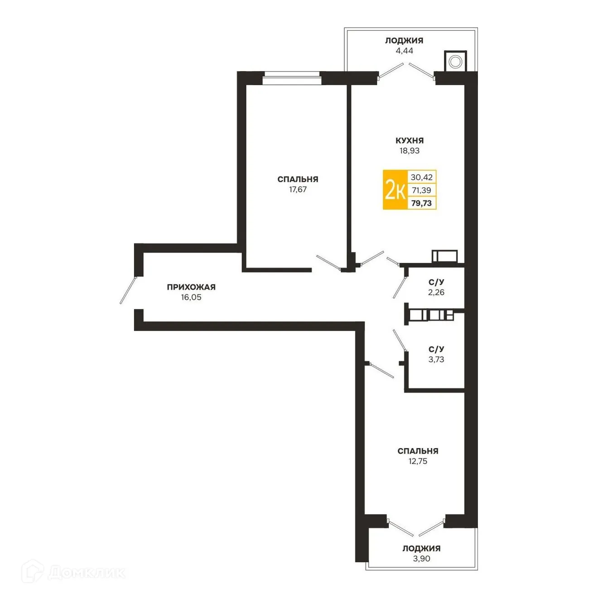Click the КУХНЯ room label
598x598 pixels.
(x=409, y=140)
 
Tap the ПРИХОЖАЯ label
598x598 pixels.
(x=191, y=287)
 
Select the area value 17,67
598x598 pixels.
(x=298, y=189)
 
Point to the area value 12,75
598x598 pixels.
(x=418, y=461)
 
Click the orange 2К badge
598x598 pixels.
(x=395, y=190)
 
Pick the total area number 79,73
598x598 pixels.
(x=421, y=203)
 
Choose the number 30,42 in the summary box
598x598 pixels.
(x=421, y=177)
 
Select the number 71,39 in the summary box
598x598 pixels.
(x=421, y=190)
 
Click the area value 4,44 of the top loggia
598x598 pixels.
(x=404, y=50)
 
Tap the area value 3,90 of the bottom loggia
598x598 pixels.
(x=421, y=559)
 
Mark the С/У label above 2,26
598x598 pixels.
(x=436, y=282)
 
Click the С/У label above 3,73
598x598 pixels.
(x=436, y=349)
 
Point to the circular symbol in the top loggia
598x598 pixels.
(x=456, y=61)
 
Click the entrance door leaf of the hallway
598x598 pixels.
(x=128, y=290)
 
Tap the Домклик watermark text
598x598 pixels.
(x=86, y=573)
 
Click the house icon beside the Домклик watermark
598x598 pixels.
(x=33, y=572)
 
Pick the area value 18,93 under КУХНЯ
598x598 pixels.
(x=409, y=151)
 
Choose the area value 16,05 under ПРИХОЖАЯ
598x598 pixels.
(x=191, y=297)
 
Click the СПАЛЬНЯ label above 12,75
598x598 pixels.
(x=418, y=451)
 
